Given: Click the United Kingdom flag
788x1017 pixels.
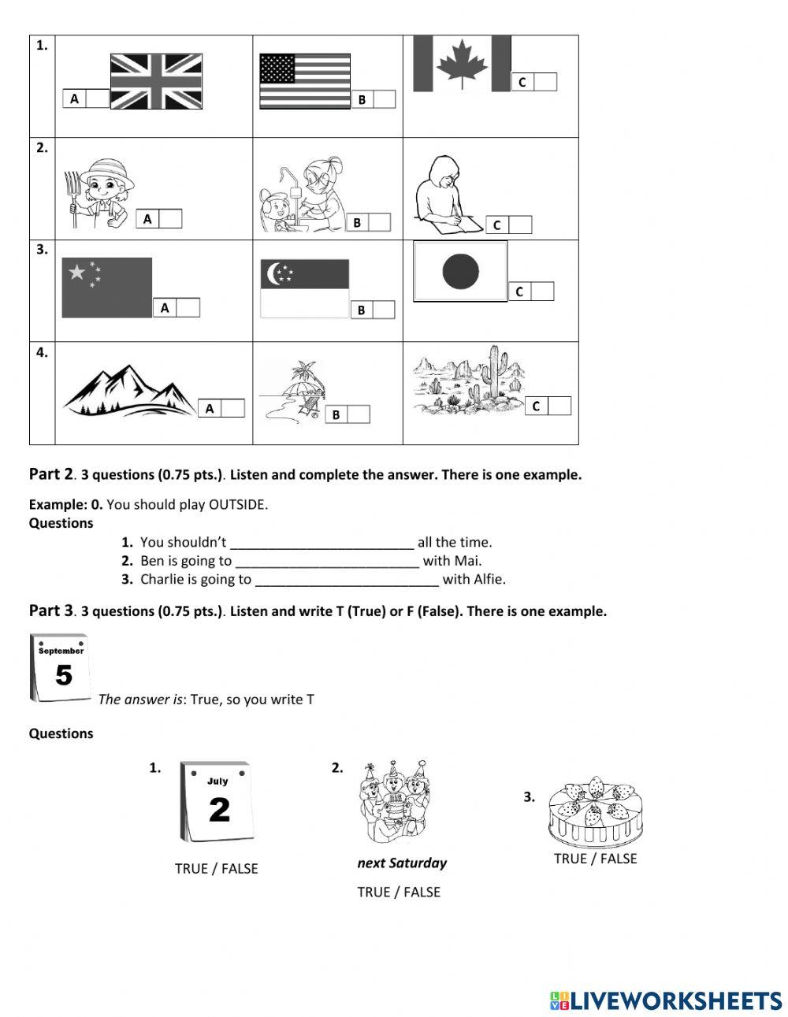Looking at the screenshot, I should point(156,81).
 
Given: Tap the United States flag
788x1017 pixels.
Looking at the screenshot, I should point(305,80).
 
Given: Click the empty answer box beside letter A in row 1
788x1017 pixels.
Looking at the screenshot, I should point(97,98).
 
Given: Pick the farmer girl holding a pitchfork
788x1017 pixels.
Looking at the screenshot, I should point(100,193).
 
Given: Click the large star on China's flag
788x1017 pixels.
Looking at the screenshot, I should point(77,273).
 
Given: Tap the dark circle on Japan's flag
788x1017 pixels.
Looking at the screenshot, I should point(460,271).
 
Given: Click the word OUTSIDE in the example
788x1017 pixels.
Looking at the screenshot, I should point(237,504).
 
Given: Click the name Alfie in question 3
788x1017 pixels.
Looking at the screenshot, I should point(488,580).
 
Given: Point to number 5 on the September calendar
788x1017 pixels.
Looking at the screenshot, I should point(63,676).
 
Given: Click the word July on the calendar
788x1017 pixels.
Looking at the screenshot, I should point(217,781).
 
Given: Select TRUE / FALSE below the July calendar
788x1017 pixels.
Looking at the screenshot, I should point(216,869).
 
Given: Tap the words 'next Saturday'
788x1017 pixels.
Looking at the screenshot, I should point(402,863).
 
